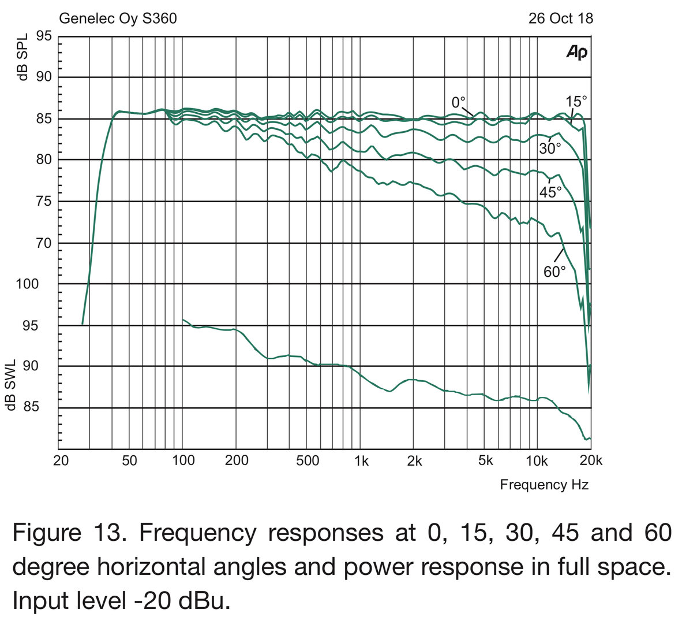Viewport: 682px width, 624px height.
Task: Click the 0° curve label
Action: coord(458,103)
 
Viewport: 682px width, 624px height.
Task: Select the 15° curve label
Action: coord(575,102)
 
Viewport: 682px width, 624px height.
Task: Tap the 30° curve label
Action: coord(550,148)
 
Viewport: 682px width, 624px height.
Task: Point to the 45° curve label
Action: coord(550,192)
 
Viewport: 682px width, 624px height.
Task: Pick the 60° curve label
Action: coord(554,272)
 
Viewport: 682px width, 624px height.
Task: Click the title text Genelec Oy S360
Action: coord(118,18)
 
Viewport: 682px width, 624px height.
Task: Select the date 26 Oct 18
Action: coord(560,18)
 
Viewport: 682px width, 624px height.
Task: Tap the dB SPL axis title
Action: coord(23,58)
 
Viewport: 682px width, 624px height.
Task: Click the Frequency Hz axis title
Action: coord(544,484)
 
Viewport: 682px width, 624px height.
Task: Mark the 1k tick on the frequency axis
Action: coord(361,460)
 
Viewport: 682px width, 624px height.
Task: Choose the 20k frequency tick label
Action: coord(590,460)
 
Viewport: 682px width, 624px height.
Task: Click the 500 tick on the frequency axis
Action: coord(308,460)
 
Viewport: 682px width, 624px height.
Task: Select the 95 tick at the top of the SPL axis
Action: coord(45,36)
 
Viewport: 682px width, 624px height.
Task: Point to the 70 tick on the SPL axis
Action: coord(45,243)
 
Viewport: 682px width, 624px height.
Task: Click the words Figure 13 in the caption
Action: coord(69,532)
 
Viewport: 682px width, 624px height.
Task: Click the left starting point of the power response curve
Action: coord(183,320)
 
